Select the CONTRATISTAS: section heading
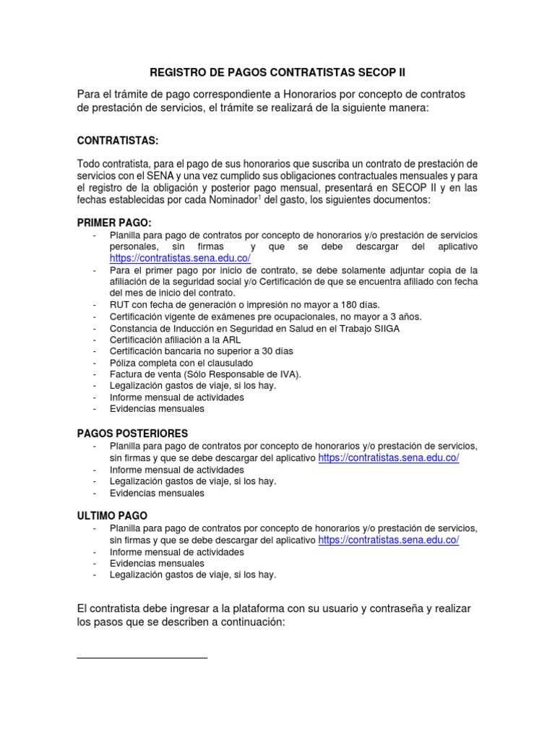pyautogui.click(x=118, y=139)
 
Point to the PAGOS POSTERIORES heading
pyautogui.click(x=132, y=433)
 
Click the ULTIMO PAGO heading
pyautogui.click(x=112, y=516)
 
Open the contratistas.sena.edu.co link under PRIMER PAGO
pyautogui.click(x=180, y=258)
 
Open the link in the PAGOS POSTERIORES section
pyautogui.click(x=388, y=458)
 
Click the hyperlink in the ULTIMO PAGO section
pyautogui.click(x=388, y=540)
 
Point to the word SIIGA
pyautogui.click(x=385, y=327)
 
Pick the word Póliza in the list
pyautogui.click(x=124, y=362)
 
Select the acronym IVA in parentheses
pyautogui.click(x=288, y=374)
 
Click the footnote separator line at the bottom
pyautogui.click(x=142, y=658)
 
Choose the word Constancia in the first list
pyautogui.click(x=137, y=327)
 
